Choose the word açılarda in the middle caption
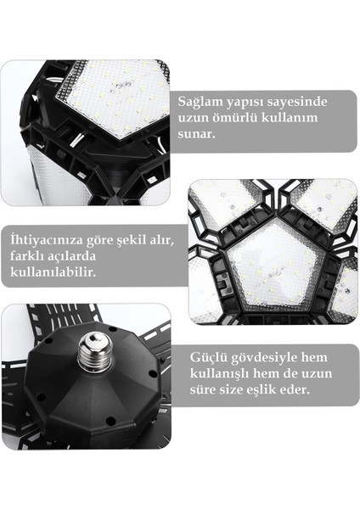[76, 256]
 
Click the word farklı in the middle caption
[31, 256]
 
